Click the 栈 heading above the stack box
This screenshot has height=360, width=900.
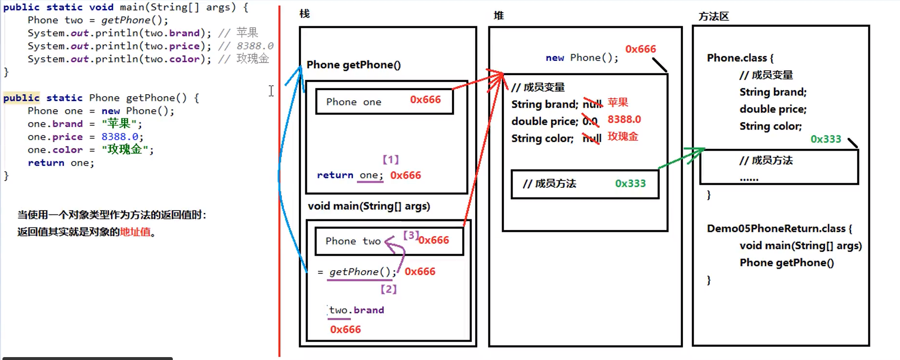[x=304, y=14]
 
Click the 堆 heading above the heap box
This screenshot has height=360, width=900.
[x=499, y=16]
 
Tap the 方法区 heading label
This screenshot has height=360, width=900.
[x=714, y=16]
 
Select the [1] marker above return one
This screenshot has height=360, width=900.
[x=390, y=159]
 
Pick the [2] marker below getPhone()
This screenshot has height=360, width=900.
[x=388, y=289]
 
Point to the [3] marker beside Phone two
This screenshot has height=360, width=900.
[x=411, y=235]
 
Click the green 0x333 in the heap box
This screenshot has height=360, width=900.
[x=630, y=183]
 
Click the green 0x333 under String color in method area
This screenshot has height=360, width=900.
[x=825, y=139]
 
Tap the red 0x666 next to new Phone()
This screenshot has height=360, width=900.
[x=640, y=49]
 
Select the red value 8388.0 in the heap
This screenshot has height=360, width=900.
[x=624, y=119]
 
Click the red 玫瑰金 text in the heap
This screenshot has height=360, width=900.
[x=623, y=136]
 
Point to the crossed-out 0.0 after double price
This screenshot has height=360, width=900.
[x=590, y=121]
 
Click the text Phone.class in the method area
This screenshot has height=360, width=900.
[x=736, y=58]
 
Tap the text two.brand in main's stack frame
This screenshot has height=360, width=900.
[x=356, y=310]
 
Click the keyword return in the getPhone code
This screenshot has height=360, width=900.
[x=46, y=163]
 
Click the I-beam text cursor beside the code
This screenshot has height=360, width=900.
[x=271, y=91]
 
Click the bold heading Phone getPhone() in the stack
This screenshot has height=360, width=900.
[x=353, y=65]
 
